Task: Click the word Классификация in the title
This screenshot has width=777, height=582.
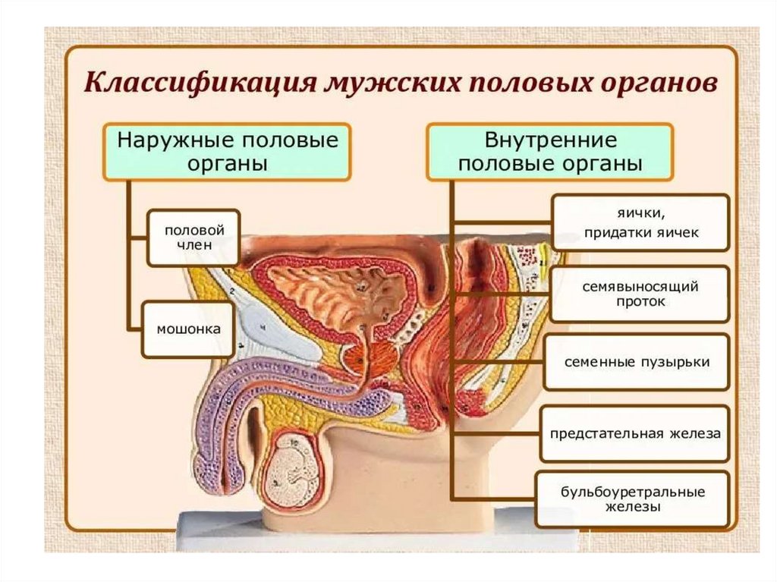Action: click(x=196, y=83)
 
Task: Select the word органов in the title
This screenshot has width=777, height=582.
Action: click(x=651, y=83)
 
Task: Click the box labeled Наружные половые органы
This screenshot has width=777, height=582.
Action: click(x=227, y=152)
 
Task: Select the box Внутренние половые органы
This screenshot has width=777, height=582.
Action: click(x=550, y=152)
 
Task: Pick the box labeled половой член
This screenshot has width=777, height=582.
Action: click(x=193, y=237)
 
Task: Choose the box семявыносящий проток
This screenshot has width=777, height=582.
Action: click(x=640, y=294)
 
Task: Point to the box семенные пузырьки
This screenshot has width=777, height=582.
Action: click(x=636, y=362)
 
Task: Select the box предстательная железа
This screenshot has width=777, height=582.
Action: click(x=635, y=433)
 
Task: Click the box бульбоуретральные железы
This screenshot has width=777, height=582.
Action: click(x=632, y=499)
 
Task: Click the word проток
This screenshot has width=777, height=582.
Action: click(x=640, y=302)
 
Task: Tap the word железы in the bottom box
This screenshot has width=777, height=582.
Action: click(x=632, y=506)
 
